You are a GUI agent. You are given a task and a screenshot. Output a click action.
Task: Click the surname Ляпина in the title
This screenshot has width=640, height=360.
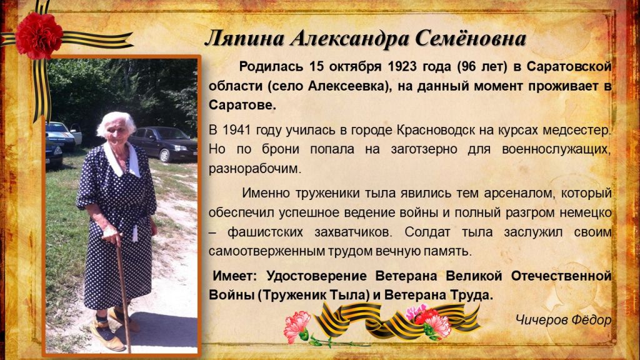[245, 39]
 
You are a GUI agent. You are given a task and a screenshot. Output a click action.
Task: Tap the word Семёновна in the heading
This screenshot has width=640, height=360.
[471, 39]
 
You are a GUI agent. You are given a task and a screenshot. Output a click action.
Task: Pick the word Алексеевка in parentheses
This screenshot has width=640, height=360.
[346, 86]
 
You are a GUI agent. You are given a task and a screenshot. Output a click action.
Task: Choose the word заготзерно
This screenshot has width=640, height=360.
[424, 150]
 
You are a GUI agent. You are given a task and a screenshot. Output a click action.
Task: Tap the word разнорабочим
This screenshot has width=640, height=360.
[255, 169]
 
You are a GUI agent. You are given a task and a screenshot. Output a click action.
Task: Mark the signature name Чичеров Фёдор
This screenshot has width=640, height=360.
[563, 319]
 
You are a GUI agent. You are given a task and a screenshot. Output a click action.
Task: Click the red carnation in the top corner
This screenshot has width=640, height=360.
[39, 35]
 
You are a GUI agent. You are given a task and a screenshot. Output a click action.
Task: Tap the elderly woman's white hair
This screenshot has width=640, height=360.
[117, 122]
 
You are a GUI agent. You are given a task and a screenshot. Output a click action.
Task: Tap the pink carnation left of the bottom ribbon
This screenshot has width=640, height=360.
[296, 325]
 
